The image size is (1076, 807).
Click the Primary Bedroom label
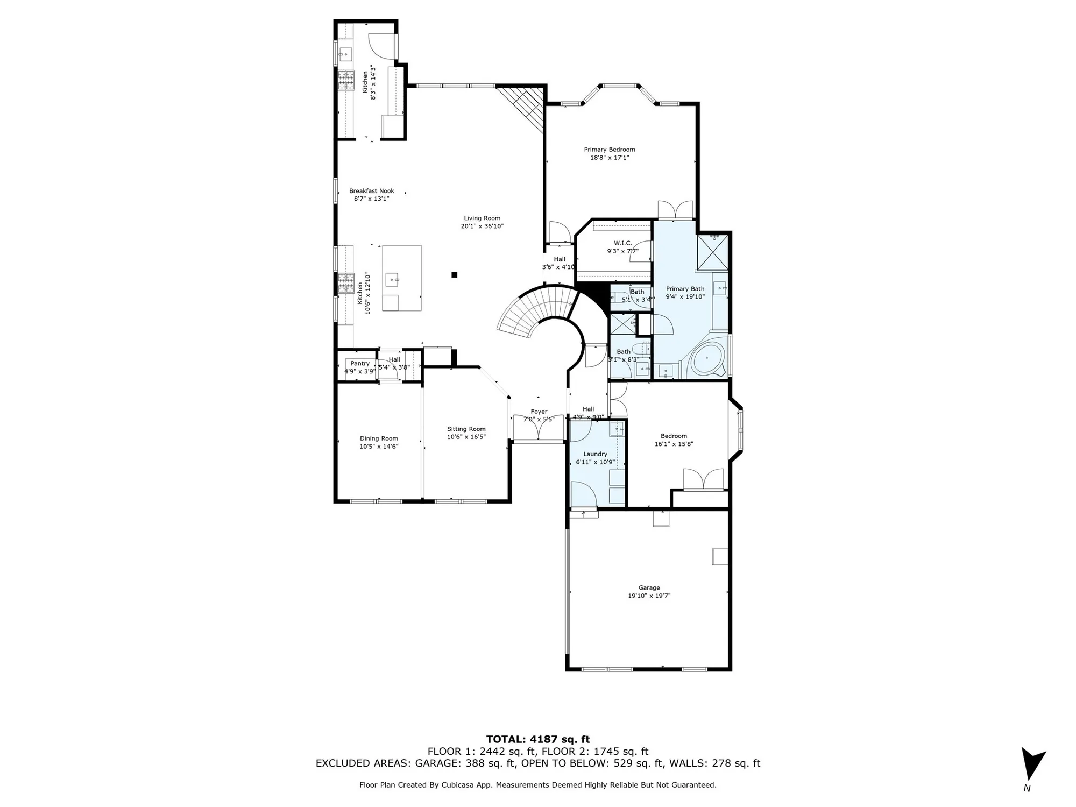[610, 150]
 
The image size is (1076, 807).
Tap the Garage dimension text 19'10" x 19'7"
[649, 596]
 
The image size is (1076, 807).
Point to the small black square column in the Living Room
[454, 275]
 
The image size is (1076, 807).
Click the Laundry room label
[595, 454]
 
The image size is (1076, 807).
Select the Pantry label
[360, 364]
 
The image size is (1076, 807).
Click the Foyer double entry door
[539, 427]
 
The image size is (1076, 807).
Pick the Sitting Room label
[466, 429]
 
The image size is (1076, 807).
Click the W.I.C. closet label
[622, 243]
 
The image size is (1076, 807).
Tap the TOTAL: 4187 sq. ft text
[537, 739]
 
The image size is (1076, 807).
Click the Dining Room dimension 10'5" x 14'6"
[379, 447]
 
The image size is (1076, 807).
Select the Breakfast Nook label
[371, 191]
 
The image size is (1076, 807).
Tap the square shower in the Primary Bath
[712, 252]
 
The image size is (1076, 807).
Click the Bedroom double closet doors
[703, 479]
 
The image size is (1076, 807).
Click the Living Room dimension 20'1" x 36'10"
[482, 226]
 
